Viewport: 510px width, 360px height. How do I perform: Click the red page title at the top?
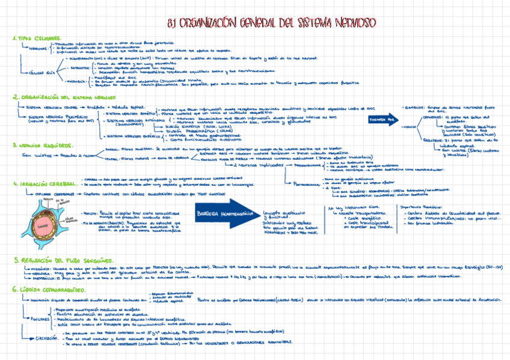[x=272, y=23]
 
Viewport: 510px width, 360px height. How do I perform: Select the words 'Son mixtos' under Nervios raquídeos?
[x=31, y=155]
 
